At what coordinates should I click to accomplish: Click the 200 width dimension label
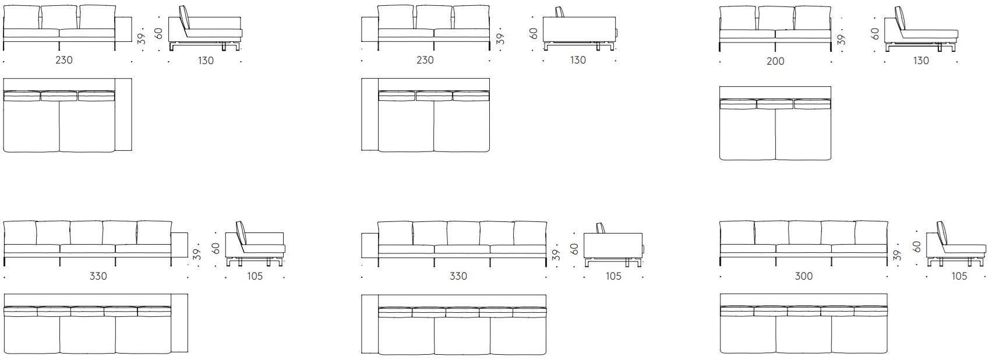[775, 61]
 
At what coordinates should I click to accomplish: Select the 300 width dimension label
[804, 276]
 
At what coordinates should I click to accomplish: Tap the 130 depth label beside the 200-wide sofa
[921, 61]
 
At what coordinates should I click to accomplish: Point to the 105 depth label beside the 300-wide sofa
[959, 276]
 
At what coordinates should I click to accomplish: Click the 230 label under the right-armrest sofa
[64, 60]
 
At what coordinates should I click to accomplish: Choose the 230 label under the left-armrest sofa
[425, 60]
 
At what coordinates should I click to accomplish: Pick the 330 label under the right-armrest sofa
[98, 276]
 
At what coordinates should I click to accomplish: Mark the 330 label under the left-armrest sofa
[458, 276]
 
